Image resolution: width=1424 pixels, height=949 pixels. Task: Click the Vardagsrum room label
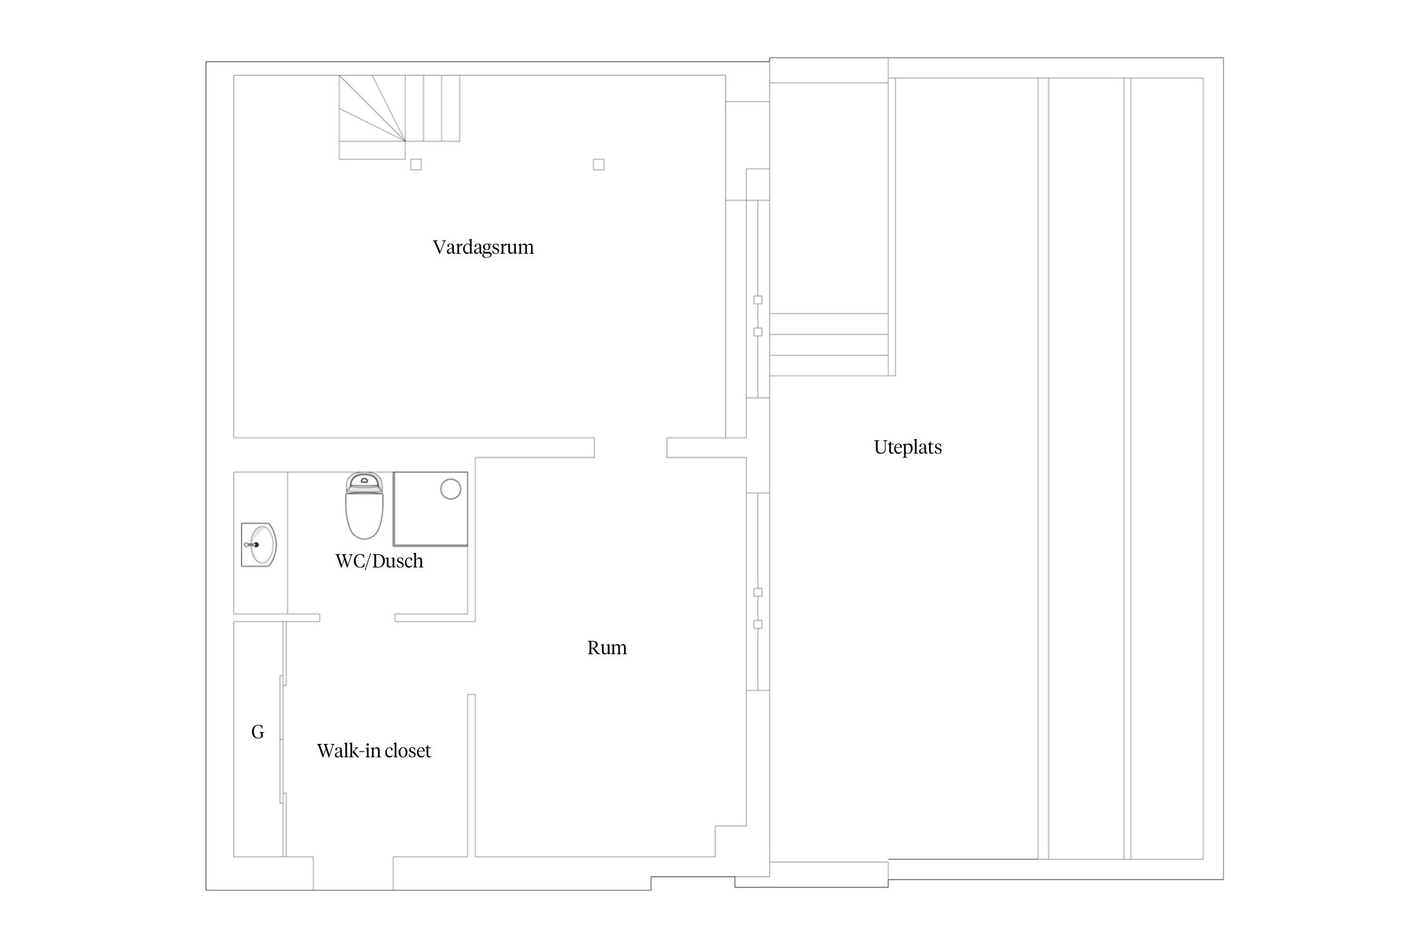click(x=484, y=247)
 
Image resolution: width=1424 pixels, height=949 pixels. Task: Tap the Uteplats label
click(x=908, y=447)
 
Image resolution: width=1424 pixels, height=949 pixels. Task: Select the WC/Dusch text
click(x=379, y=561)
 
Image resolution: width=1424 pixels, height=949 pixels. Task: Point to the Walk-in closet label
click(x=374, y=751)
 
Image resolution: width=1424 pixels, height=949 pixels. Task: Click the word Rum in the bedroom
click(x=607, y=648)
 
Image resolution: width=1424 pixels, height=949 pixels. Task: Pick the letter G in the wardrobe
click(x=258, y=732)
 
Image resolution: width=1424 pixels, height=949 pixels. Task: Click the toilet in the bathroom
click(x=364, y=506)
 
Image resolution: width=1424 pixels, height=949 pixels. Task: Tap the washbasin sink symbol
click(x=259, y=544)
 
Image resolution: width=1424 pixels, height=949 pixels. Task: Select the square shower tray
click(x=430, y=509)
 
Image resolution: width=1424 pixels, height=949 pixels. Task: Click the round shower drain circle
click(x=451, y=489)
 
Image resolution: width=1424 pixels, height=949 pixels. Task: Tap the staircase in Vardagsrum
click(x=399, y=117)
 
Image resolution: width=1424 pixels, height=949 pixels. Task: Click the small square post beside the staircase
click(x=416, y=164)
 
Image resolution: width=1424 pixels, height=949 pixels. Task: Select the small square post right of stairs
click(x=599, y=164)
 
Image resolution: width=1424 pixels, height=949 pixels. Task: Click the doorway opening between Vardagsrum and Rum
click(x=630, y=447)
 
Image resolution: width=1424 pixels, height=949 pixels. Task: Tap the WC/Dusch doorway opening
click(x=358, y=617)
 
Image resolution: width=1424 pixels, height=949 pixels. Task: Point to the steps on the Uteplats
click(x=828, y=344)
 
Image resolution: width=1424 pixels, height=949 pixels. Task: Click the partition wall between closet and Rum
click(x=472, y=776)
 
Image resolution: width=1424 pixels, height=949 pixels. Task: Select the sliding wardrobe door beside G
click(x=283, y=740)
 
